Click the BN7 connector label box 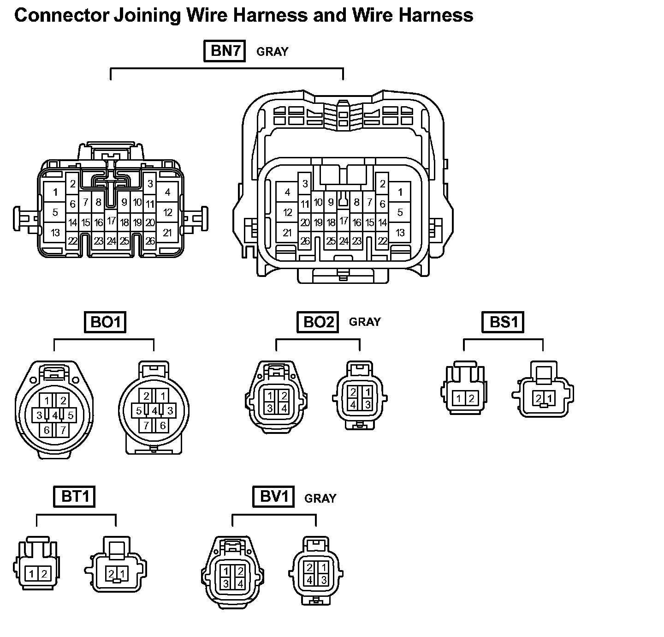point(225,51)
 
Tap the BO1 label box point(106,322)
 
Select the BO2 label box point(318,322)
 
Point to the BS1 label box point(503,322)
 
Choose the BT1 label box point(74,497)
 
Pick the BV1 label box point(273,497)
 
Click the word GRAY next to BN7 point(272,52)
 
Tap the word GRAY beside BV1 point(320,498)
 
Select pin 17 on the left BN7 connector point(111,221)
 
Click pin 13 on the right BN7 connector point(400,232)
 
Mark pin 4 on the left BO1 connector point(55,415)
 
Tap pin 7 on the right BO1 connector point(146,425)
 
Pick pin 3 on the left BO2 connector point(270,408)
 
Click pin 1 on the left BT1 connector point(31,574)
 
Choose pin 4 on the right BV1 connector point(310,579)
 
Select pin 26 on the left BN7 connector point(150,240)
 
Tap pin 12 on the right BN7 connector point(288,212)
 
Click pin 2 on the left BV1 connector point(240,571)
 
